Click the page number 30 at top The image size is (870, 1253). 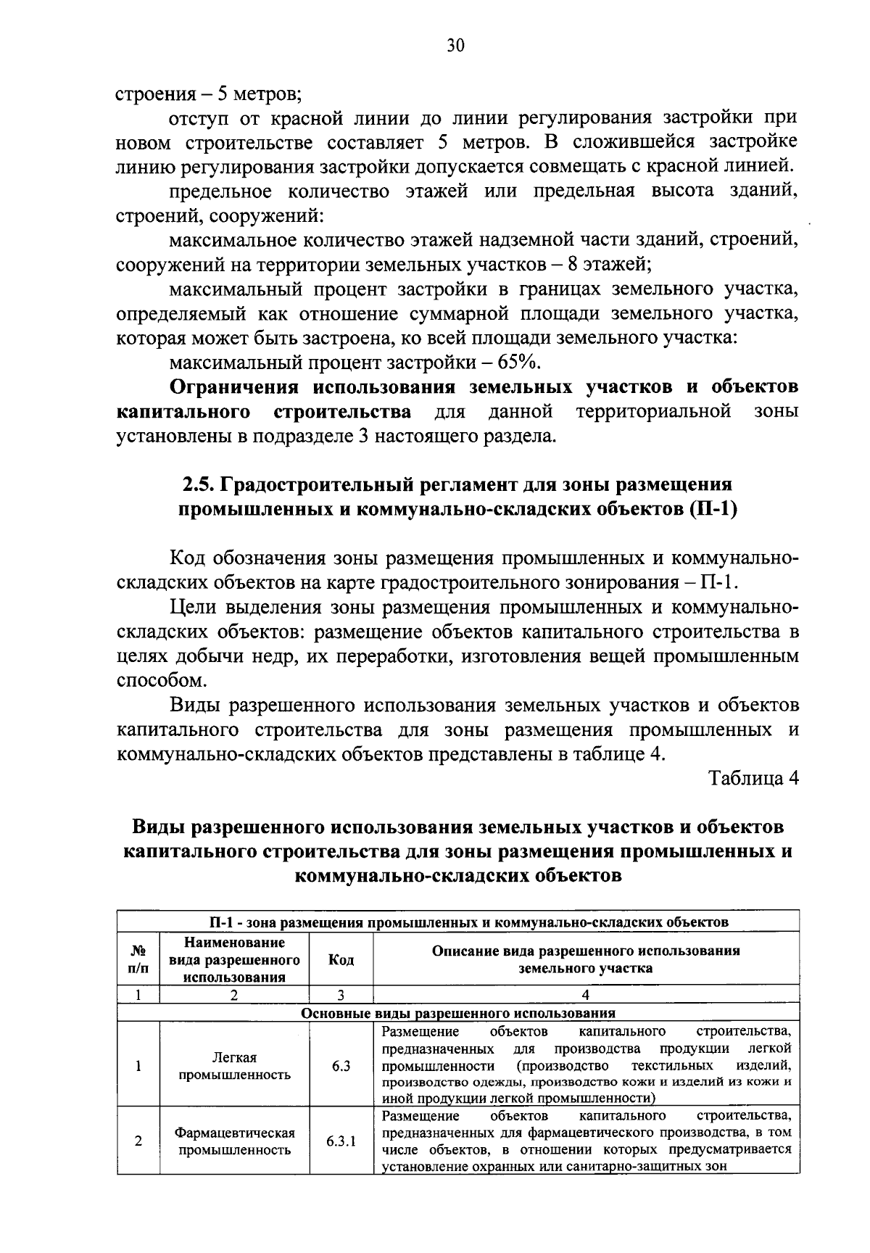point(455,46)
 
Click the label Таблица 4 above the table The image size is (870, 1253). point(754,779)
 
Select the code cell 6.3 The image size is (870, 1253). point(341,1066)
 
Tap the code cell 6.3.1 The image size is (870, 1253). point(341,1141)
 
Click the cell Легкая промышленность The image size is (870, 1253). point(234,1066)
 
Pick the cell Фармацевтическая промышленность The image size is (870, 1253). point(234,1141)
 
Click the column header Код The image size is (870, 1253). point(341,959)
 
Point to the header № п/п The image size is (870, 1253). point(138,959)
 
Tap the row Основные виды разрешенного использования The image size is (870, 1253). point(458,1013)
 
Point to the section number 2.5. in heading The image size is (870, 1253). point(196,484)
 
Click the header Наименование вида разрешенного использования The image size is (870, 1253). point(234,959)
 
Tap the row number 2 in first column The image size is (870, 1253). point(138,1141)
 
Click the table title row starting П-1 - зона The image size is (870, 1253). point(458,922)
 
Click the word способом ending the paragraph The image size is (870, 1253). point(160,681)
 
